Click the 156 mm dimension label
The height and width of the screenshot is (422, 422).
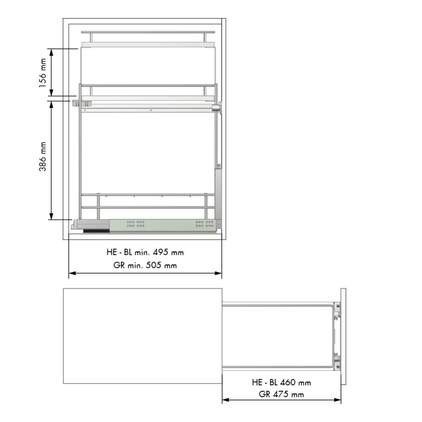point(43,73)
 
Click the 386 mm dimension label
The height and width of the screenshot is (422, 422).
point(43,157)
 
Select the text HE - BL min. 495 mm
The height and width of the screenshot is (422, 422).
point(145,252)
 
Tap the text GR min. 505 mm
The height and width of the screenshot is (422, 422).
point(145,265)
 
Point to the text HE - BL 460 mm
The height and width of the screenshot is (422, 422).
point(281,382)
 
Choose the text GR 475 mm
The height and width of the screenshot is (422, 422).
point(281,394)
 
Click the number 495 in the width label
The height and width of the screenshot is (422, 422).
point(161,252)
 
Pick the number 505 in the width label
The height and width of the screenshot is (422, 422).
point(154,265)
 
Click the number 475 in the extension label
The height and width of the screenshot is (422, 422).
point(281,394)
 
